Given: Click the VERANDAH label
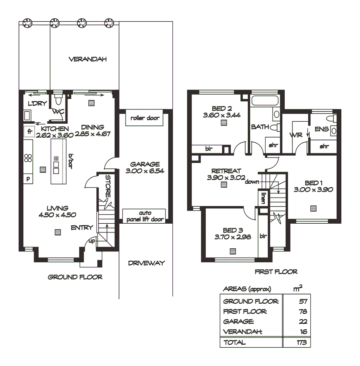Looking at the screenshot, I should pos(88,60).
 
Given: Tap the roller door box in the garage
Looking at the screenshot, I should pos(145,118).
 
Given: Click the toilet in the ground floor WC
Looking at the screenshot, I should pos(58,101).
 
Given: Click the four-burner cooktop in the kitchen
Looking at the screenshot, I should pos(28,158).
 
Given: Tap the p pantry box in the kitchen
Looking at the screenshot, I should pos(28,179).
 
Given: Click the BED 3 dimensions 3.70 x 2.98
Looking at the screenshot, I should pos(233,237).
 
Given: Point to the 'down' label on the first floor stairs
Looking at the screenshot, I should pos(253,182).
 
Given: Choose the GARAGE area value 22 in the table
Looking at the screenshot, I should pos(303,322).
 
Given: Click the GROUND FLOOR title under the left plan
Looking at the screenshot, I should pos(75,277).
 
